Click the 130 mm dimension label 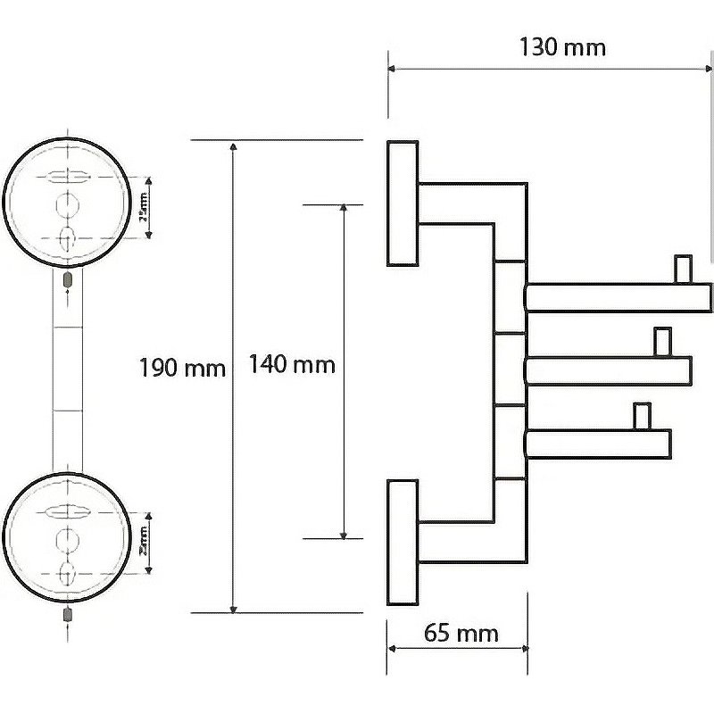(x=561, y=46)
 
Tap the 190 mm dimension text (x=183, y=368)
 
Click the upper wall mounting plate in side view (x=403, y=203)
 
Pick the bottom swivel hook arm (x=598, y=444)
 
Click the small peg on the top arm (x=683, y=268)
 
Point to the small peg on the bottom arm (x=640, y=416)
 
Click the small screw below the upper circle (x=69, y=280)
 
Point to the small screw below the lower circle (x=69, y=615)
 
